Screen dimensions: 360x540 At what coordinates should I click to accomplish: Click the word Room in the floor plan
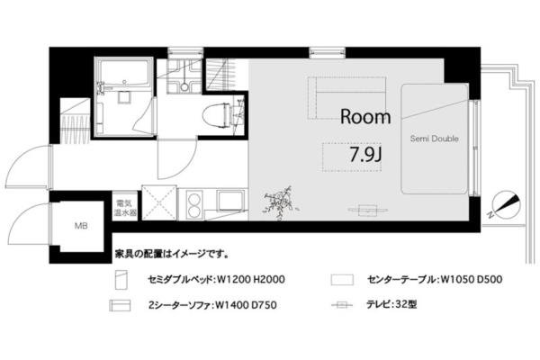(x=365, y=117)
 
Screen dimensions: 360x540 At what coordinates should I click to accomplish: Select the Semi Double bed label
(x=436, y=139)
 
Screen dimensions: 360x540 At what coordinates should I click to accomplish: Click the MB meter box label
(x=81, y=226)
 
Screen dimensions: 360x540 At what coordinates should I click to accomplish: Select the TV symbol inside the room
(x=364, y=210)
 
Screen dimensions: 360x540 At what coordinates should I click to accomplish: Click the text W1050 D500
(x=465, y=280)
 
